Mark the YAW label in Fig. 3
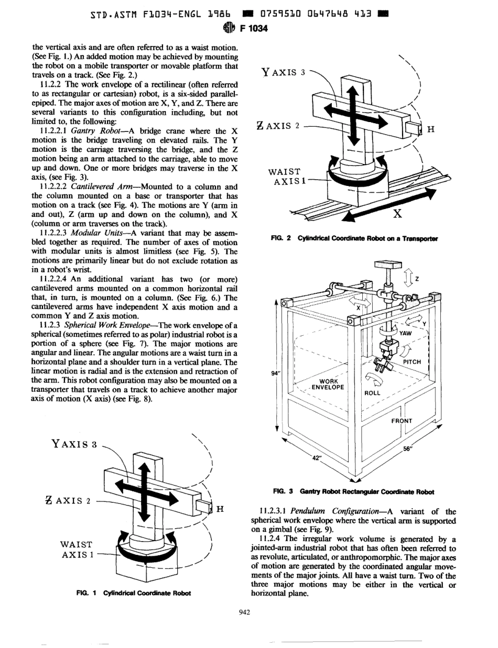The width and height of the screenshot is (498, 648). pos(407,332)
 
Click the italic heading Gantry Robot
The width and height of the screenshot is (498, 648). pos(92,115)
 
